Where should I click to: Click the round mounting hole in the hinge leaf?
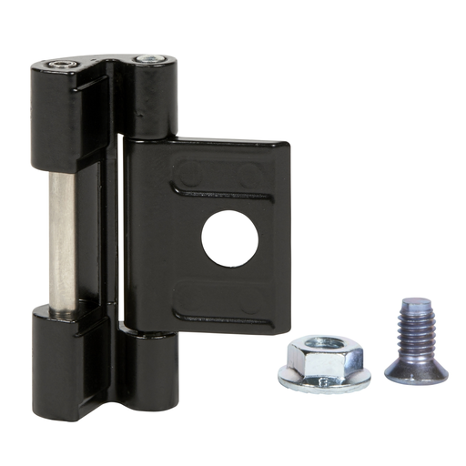pyautogui.click(x=229, y=238)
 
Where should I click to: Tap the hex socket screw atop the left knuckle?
pyautogui.click(x=61, y=66)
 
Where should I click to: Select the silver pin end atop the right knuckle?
pyautogui.click(x=145, y=61)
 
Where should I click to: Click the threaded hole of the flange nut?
pyautogui.click(x=326, y=343)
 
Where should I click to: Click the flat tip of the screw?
pyautogui.click(x=410, y=304)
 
